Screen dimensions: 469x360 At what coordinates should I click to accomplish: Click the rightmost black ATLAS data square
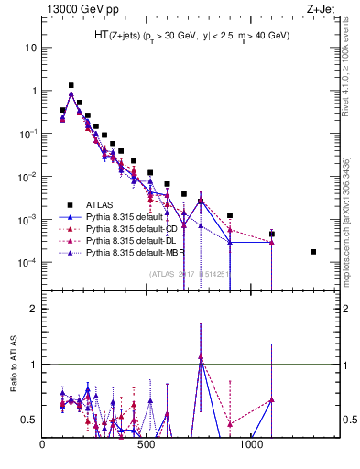click(x=313, y=252)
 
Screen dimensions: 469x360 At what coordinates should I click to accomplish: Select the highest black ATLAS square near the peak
click(x=71, y=85)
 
